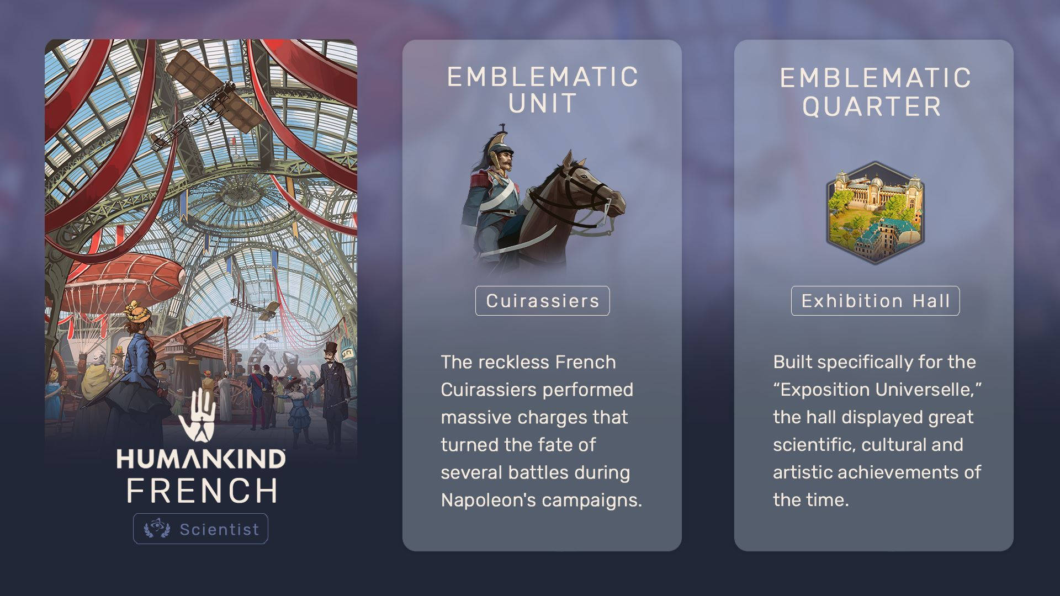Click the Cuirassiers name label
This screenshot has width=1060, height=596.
(x=542, y=301)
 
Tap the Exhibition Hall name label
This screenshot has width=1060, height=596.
(x=875, y=301)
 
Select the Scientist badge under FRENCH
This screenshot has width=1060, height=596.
(x=200, y=529)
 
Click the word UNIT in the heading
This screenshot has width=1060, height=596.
(x=542, y=104)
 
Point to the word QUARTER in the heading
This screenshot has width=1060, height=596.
(x=872, y=107)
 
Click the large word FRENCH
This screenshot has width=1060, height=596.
(x=202, y=491)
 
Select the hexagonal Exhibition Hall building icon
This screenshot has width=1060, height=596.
(x=875, y=212)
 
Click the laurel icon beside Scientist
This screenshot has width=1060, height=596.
(x=157, y=529)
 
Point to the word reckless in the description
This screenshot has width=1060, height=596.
(x=514, y=362)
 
